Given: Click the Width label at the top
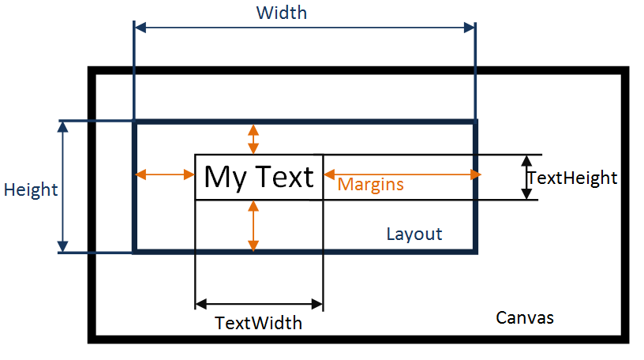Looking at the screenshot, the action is (x=281, y=13).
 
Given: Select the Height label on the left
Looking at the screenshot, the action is (x=31, y=189).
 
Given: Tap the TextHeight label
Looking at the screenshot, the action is (x=572, y=178).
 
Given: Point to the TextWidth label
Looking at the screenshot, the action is (x=258, y=323).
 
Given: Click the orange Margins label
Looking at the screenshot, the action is (x=370, y=185).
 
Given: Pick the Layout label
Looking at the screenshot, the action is (x=414, y=234).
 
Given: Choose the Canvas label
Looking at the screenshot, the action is (x=525, y=317).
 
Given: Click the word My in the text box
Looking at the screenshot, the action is (x=225, y=178).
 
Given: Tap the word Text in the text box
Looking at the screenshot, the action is (x=285, y=177).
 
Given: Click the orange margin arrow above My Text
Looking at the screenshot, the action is (x=253, y=139).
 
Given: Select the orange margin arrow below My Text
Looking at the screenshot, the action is (x=253, y=226).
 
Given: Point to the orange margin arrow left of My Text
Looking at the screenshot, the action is (x=165, y=174).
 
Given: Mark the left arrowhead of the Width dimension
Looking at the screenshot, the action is (x=140, y=28).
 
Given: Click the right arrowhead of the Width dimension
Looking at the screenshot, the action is (x=469, y=28).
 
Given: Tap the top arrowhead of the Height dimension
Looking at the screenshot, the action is (x=62, y=127).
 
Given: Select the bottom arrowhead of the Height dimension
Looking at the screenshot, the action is (x=62, y=246).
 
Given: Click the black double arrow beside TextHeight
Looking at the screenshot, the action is (x=526, y=178).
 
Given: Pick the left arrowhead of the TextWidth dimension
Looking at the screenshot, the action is (x=200, y=304).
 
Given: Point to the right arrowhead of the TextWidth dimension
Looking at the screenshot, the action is (x=317, y=304).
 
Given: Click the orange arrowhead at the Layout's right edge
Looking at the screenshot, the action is (x=476, y=174).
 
